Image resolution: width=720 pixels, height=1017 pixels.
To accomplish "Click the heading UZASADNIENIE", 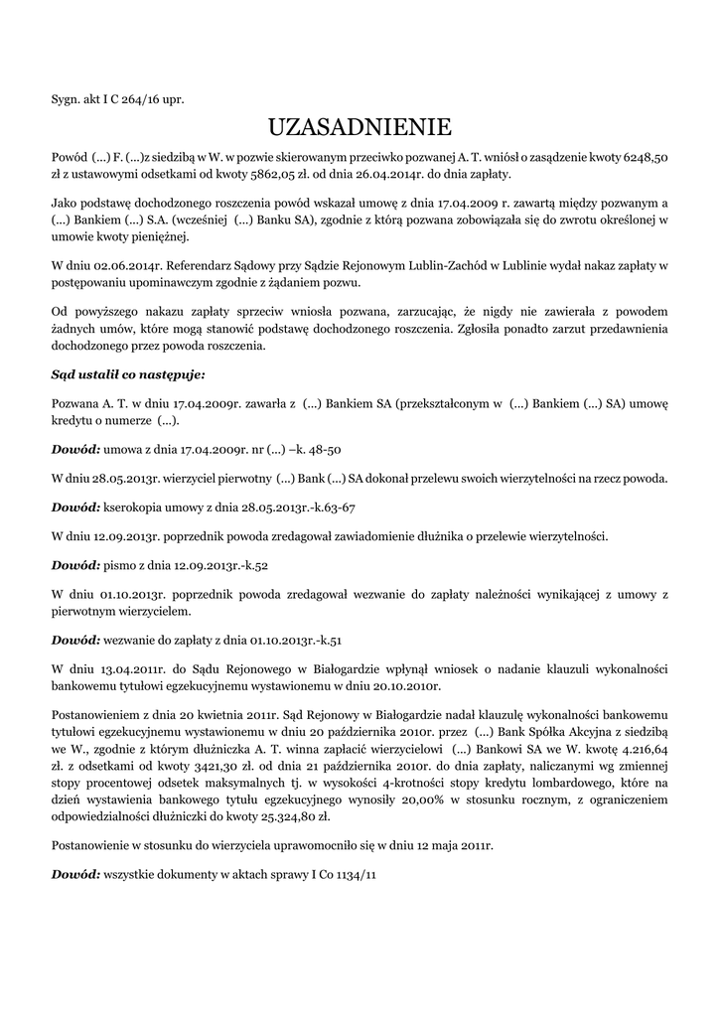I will (360, 127).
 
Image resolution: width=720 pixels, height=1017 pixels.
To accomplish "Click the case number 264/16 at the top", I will (124, 99).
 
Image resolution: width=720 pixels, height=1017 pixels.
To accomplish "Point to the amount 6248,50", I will (645, 157).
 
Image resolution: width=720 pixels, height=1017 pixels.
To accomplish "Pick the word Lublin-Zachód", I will (438, 267).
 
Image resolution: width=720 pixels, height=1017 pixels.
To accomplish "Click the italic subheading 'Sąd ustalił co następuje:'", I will (128, 375).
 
